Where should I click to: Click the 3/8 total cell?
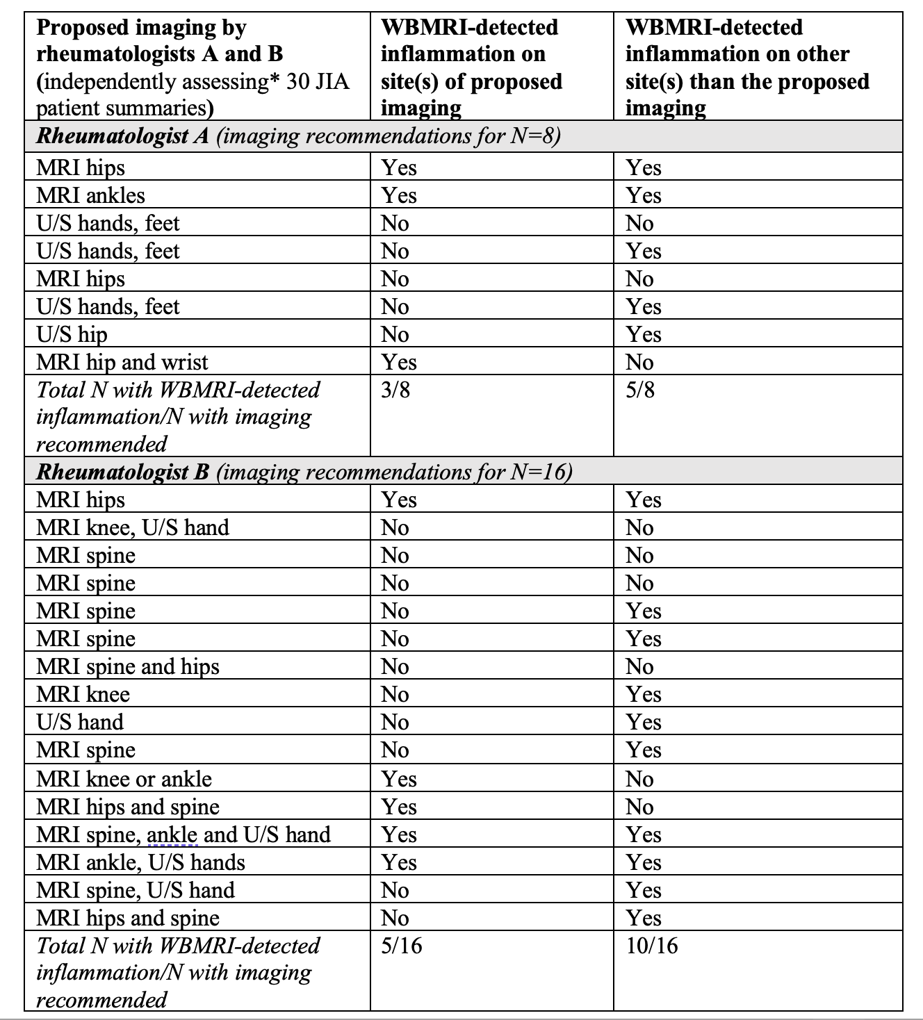coord(395,390)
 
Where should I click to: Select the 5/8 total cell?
coord(639,390)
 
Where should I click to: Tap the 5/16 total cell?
coord(401,946)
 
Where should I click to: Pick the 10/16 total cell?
coord(651,946)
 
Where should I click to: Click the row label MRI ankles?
coord(90,195)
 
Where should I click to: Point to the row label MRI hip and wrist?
coord(122,362)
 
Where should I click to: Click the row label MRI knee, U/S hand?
coord(132,527)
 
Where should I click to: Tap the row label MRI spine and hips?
coord(127,666)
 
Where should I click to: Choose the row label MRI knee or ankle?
coord(124,779)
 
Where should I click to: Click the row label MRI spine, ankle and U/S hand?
coord(183,834)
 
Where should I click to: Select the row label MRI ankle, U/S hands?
coord(140,862)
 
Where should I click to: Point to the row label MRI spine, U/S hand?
coord(135,890)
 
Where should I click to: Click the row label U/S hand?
coord(79,722)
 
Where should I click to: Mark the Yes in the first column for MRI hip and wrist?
coord(398,362)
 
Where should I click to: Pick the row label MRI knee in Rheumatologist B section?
coord(83,694)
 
